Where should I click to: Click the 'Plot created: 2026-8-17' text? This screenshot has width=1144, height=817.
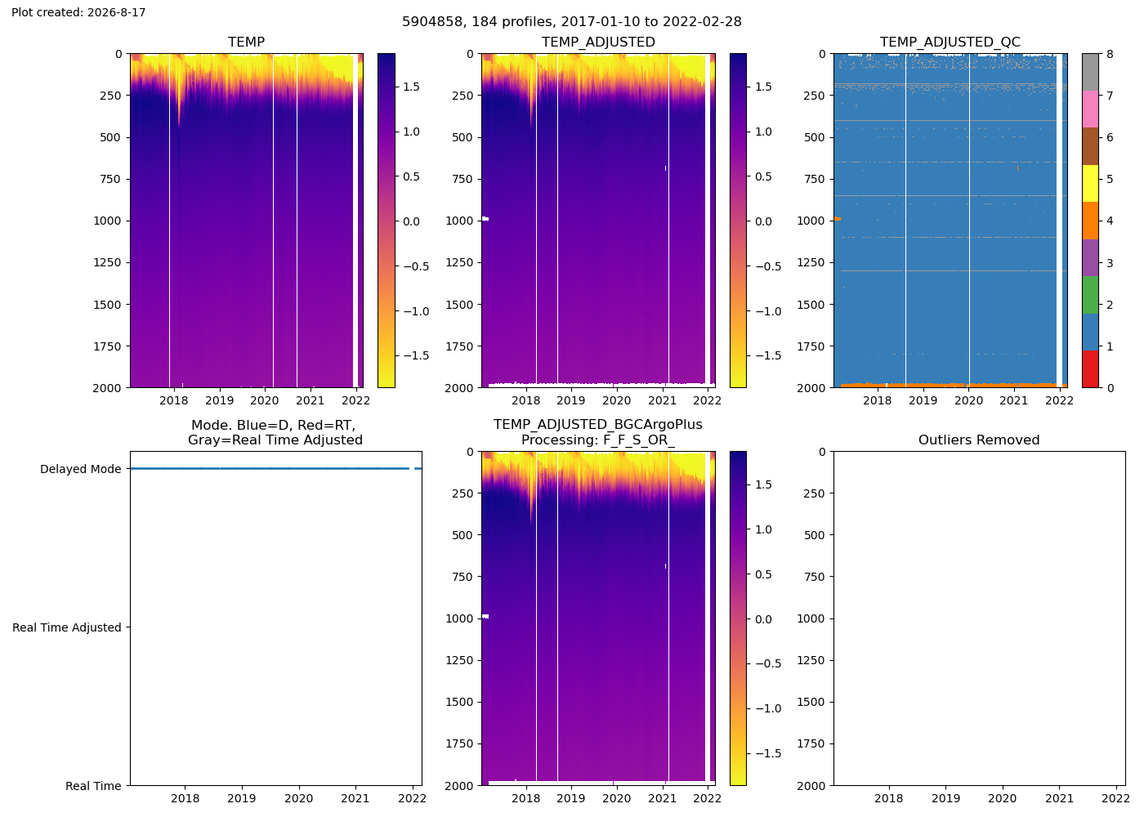(x=78, y=12)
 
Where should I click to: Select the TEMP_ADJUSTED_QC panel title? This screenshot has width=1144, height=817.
(x=950, y=42)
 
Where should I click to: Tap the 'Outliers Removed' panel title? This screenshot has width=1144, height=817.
(x=979, y=440)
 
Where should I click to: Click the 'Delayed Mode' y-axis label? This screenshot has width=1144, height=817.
(x=81, y=469)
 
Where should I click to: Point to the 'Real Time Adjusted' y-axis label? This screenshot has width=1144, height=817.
(x=67, y=627)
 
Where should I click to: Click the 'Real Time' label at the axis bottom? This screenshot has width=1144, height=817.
(x=93, y=786)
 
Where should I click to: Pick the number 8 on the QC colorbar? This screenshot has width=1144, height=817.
(x=1110, y=54)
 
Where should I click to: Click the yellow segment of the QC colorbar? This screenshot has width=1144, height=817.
(x=1090, y=183)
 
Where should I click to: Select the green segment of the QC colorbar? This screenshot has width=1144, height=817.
(x=1090, y=295)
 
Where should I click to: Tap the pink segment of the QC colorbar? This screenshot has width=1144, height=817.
(x=1090, y=109)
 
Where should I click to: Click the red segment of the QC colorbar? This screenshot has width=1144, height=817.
(x=1090, y=369)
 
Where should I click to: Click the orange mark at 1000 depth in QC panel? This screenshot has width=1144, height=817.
(x=838, y=219)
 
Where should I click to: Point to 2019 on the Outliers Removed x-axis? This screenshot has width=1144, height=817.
(x=946, y=797)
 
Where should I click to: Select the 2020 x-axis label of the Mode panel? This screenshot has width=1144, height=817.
(x=299, y=797)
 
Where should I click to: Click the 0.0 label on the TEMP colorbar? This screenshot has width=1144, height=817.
(x=411, y=221)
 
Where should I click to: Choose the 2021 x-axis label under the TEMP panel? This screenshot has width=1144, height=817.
(x=310, y=400)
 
